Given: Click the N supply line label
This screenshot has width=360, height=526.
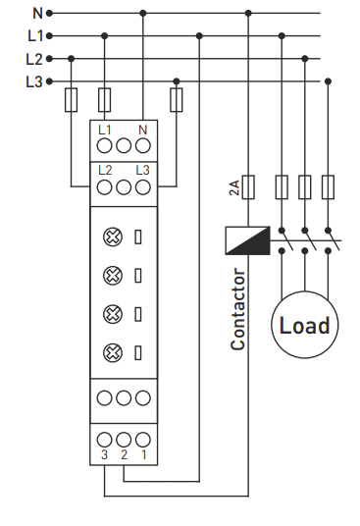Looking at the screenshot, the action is click(x=37, y=13).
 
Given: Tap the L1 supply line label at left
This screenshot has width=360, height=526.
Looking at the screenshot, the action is click(x=35, y=36).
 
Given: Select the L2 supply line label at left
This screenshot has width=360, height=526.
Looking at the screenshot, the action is click(x=34, y=59).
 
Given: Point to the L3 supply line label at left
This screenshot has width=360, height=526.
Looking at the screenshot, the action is click(x=34, y=81).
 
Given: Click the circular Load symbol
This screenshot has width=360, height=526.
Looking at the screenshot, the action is click(x=305, y=325).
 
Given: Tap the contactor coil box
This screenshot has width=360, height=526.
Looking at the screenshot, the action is click(x=248, y=240).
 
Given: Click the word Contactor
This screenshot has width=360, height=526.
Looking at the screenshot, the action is click(x=238, y=309).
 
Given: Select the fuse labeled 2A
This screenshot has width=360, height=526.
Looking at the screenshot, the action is click(x=248, y=187).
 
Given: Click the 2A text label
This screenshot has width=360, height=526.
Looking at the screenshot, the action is click(x=234, y=187).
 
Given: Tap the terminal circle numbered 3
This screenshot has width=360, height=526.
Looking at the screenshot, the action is click(x=104, y=440).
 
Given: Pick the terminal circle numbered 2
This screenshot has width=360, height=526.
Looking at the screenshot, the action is click(x=124, y=440).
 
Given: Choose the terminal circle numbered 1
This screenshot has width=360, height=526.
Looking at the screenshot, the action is click(x=143, y=440).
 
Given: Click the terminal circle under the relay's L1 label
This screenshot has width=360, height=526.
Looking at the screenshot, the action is click(x=104, y=146).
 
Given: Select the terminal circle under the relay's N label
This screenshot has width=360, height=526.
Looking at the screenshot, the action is click(x=143, y=146).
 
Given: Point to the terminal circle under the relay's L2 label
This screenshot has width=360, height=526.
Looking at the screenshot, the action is click(x=104, y=187).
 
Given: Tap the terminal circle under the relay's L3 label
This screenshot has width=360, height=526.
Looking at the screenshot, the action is click(x=143, y=187).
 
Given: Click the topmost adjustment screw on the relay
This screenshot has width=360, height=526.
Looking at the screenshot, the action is click(x=113, y=237).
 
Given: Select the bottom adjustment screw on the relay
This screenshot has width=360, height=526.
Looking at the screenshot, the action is click(x=113, y=353).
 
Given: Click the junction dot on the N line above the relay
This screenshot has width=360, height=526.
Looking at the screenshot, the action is click(x=143, y=14).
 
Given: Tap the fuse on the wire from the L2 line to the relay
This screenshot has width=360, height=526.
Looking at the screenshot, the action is click(x=71, y=100).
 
